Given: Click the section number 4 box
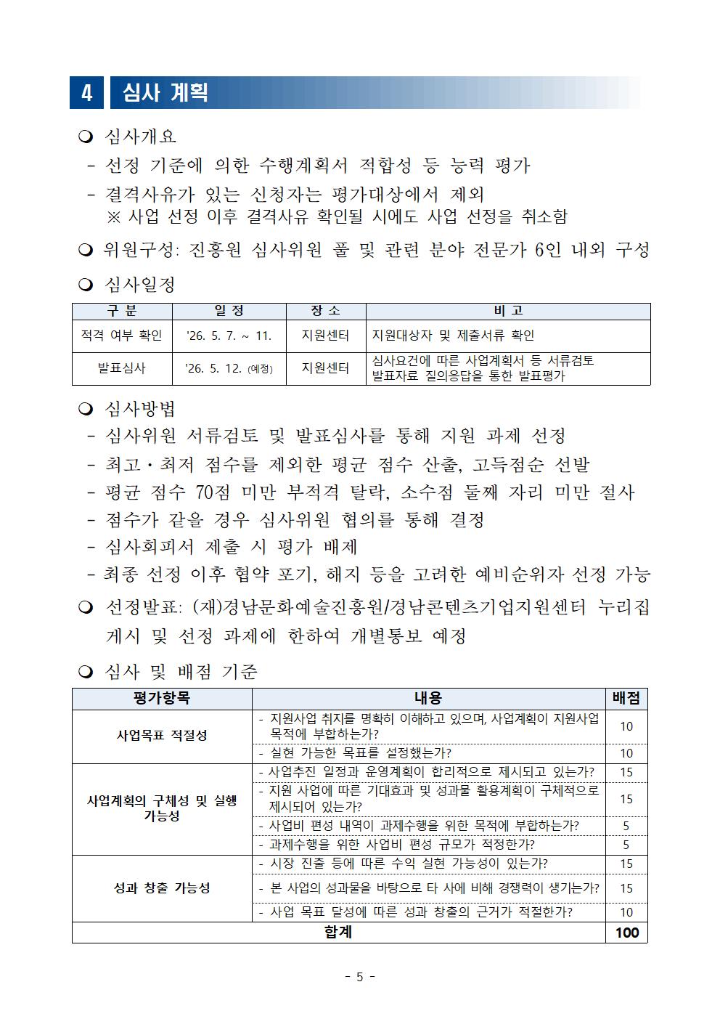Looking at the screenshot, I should coord(86,93).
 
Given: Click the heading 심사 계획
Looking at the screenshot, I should coord(165,93).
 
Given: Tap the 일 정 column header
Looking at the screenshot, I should coord(229,311).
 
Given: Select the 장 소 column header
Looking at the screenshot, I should coord(325,311).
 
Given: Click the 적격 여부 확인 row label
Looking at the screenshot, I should coord(122,336).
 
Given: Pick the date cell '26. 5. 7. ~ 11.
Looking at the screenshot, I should coord(229,336).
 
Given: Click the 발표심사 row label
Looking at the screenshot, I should coord(122,368).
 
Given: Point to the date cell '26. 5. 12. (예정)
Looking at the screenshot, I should coord(229,368).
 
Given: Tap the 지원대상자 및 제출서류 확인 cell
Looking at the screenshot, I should coord(453,336).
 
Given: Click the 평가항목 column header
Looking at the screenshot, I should coord(162,698).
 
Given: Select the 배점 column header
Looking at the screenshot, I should coord(626,698).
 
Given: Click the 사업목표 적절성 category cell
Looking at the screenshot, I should coord(162,736).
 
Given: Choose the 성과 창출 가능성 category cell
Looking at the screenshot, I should coord(162,888).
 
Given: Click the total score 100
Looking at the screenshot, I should coord(626,933).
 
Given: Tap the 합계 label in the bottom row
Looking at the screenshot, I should coord(338,933).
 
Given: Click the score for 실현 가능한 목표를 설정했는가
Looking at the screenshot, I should coord(626,753).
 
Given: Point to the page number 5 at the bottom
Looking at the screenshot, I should coord(359,977).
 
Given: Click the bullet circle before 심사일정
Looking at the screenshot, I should coord(86,285).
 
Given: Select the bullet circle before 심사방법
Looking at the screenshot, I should coord(86,410).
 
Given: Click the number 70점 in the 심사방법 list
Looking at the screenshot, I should coord(213,492).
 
